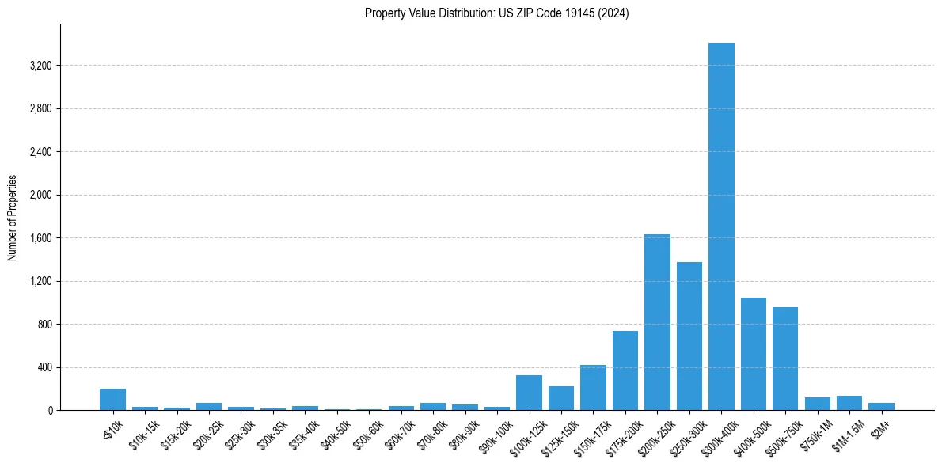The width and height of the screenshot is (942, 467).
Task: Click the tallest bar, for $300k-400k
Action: click(x=721, y=226)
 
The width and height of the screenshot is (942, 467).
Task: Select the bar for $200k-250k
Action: click(x=657, y=322)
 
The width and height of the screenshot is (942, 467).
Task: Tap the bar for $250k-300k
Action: click(x=689, y=336)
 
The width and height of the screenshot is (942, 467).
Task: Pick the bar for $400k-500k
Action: click(x=754, y=354)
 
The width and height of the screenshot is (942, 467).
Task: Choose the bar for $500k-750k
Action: click(x=785, y=359)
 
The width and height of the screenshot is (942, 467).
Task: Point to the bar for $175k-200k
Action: click(x=625, y=370)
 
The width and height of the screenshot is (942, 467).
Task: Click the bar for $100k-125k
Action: click(x=529, y=393)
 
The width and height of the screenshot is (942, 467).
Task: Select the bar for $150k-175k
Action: click(x=593, y=388)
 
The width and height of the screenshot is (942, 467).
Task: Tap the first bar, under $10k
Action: click(x=112, y=400)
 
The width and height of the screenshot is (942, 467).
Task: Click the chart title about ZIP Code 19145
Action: click(x=497, y=13)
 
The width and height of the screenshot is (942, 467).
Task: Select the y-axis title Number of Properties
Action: click(x=13, y=218)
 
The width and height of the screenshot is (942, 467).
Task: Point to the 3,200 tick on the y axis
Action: click(x=40, y=66)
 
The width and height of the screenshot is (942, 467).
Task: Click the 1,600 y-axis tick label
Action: click(x=40, y=238)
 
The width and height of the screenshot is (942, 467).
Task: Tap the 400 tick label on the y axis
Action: click(x=43, y=367)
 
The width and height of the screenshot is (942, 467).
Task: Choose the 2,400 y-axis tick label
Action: click(x=40, y=152)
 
